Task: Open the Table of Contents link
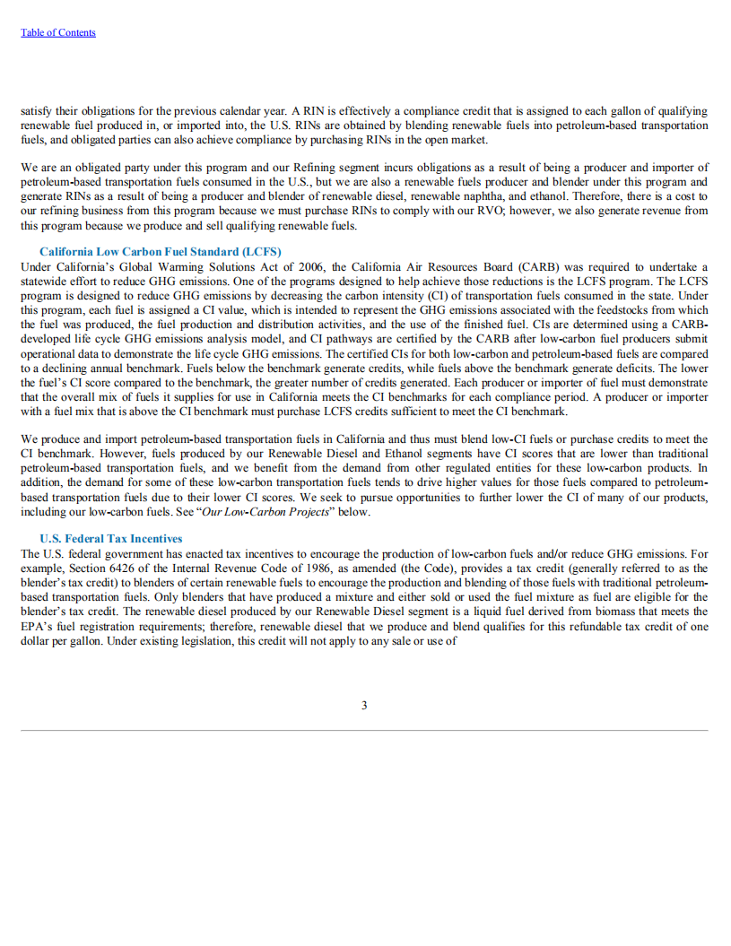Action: point(57,32)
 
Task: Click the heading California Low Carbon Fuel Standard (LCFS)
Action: point(160,251)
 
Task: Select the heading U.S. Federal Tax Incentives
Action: point(110,538)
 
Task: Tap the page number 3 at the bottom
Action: point(364,705)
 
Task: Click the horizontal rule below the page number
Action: point(364,730)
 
